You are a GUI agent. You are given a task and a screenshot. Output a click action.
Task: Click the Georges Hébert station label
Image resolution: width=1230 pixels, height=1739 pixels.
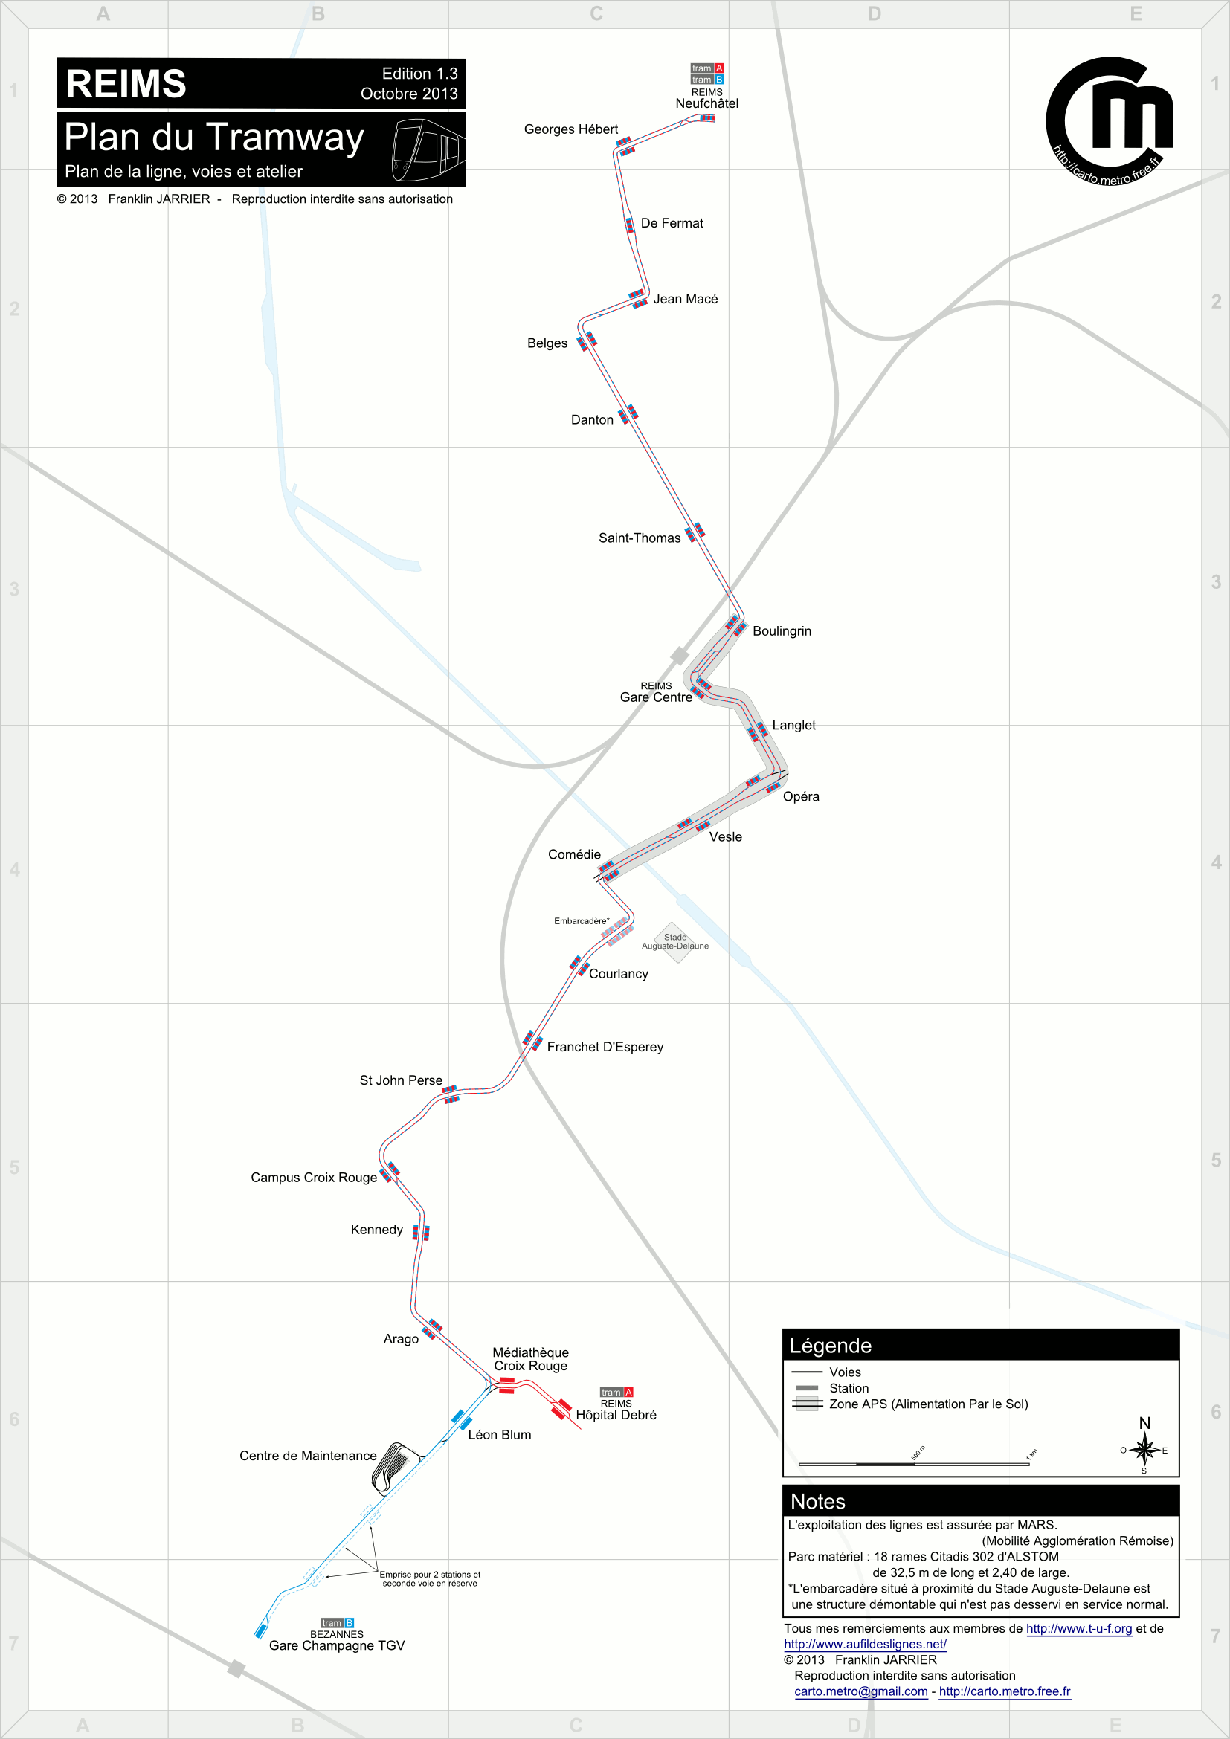(x=570, y=129)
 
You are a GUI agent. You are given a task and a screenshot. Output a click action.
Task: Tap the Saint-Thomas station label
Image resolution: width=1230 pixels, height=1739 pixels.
(x=640, y=538)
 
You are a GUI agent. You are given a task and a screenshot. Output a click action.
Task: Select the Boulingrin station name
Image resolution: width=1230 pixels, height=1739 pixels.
(x=782, y=632)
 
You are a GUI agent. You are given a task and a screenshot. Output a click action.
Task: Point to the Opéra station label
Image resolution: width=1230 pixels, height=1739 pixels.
(x=801, y=797)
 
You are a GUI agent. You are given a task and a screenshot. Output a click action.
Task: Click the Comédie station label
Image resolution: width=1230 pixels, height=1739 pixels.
(x=574, y=855)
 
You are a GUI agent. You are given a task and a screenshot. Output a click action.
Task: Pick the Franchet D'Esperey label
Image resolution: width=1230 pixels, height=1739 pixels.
(x=605, y=1048)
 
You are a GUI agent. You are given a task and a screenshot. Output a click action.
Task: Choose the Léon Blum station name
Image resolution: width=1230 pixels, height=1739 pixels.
(x=499, y=1435)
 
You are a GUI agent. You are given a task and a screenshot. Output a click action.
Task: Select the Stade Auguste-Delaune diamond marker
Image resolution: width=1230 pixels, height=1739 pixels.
(x=674, y=942)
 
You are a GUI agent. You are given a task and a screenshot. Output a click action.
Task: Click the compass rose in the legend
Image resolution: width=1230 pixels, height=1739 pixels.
(x=1144, y=1451)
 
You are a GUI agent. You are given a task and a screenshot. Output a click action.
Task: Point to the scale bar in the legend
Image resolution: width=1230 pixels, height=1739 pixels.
(x=913, y=1464)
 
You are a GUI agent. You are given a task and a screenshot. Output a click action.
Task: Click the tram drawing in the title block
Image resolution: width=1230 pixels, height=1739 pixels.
(x=427, y=149)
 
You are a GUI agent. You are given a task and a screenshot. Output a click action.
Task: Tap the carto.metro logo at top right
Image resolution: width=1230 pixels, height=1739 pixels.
(x=1110, y=122)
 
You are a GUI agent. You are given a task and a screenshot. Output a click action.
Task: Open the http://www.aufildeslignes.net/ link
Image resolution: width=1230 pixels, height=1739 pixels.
(x=865, y=1645)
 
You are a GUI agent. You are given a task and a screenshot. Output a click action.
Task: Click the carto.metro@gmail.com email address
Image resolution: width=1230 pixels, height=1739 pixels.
(x=860, y=1692)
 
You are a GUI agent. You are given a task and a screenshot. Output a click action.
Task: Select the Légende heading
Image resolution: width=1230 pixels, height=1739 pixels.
(x=830, y=1346)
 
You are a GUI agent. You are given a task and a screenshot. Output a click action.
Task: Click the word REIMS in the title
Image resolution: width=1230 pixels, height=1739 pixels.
(x=126, y=84)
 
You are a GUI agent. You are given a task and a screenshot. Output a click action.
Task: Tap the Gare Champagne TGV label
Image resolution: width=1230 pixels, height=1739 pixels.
(x=336, y=1646)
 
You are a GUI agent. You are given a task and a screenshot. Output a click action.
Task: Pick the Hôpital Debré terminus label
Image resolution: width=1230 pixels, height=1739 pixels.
(x=616, y=1415)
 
